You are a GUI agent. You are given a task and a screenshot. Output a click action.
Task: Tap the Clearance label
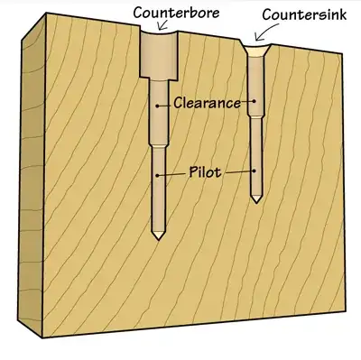(207, 103)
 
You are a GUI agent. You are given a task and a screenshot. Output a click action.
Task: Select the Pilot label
(207, 171)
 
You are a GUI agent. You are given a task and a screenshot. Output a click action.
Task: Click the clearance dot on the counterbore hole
(159, 106)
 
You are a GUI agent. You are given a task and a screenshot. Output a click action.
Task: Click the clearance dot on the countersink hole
(256, 102)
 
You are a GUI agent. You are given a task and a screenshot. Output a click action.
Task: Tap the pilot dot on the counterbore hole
(159, 174)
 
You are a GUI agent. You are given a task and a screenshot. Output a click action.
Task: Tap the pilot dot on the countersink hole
(256, 171)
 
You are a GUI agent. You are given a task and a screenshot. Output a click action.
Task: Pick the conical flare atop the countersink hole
(256, 52)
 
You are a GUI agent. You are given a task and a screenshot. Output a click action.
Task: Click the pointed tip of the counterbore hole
(159, 236)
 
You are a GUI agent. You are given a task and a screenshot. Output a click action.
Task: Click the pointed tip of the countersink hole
(256, 200)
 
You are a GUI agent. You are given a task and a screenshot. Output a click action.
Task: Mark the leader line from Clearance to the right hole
(247, 102)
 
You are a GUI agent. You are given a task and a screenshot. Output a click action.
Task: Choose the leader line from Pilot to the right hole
(239, 171)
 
